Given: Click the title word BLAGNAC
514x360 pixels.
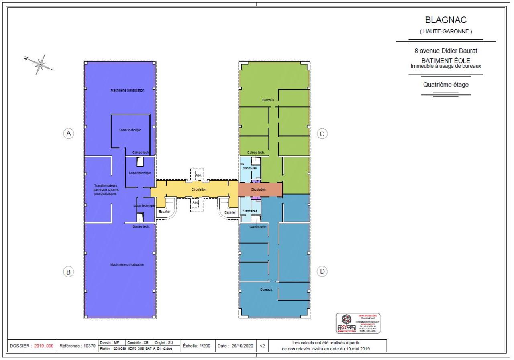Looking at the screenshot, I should pos(445,20).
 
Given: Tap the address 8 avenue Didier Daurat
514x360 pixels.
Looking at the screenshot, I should pos(445,51).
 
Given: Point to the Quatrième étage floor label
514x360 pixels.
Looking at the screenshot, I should pos(445,85).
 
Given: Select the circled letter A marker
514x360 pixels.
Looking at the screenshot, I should pos(69,133).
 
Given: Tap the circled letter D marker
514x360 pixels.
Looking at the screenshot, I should pos(322,272).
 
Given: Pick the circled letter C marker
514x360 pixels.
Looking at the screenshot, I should pos(321,134).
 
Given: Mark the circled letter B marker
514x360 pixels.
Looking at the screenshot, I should pos(69,272).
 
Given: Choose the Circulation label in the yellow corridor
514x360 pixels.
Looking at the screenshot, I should pos(199,189).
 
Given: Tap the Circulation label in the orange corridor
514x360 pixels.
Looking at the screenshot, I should pos(258,189).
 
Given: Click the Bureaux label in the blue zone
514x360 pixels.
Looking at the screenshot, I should pos(266,289).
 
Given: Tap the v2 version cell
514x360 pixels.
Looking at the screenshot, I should pos(262,345).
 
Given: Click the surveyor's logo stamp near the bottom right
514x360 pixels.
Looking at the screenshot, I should pos(358,323).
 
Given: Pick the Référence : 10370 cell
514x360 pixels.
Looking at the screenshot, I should pos(77,345).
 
